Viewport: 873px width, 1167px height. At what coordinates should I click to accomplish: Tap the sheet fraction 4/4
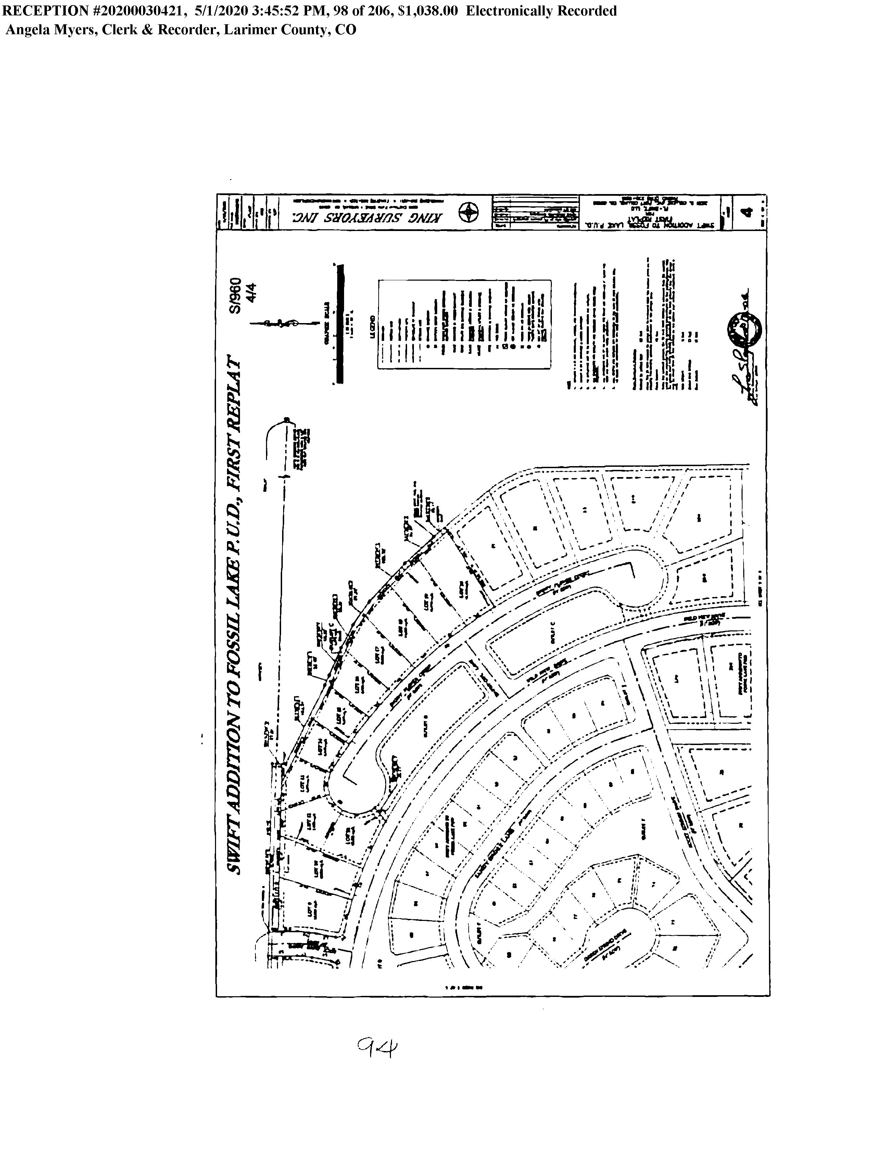(x=251, y=293)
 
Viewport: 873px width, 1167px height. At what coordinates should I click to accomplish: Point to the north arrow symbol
(x=285, y=323)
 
